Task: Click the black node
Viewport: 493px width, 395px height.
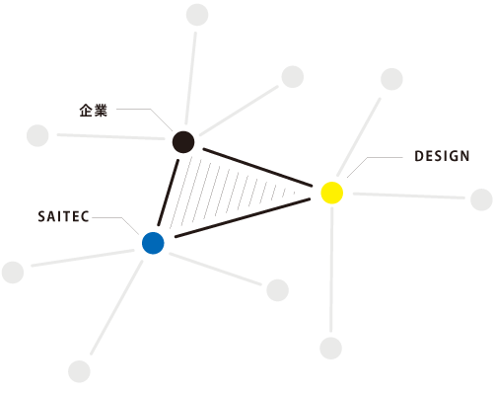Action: (183, 142)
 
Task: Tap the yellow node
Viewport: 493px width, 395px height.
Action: (332, 193)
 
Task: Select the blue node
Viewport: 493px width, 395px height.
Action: (153, 243)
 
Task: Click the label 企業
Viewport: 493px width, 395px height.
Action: (94, 111)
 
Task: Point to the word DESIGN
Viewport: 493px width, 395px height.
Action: (442, 156)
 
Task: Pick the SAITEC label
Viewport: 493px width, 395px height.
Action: (63, 216)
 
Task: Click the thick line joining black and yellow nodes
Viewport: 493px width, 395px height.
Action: (257, 168)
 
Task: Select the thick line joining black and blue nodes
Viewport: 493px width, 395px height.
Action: (169, 193)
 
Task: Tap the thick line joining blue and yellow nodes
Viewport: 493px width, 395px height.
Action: (243, 217)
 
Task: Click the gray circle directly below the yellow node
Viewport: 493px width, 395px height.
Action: (330, 348)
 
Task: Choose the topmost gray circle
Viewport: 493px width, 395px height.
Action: (197, 15)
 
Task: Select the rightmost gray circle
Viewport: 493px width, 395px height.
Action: (481, 199)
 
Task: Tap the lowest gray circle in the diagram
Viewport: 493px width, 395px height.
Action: (79, 371)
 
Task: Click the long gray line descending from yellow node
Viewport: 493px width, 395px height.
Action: (331, 270)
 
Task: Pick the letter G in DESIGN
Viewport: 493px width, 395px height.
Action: (453, 156)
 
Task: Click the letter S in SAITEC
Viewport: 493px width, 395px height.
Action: (41, 216)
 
